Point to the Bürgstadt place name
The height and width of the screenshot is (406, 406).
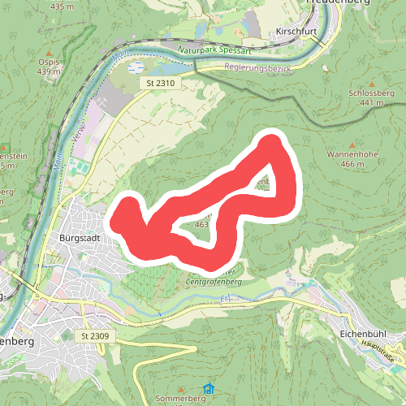(79, 238)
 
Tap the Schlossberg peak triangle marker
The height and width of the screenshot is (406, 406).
(371, 84)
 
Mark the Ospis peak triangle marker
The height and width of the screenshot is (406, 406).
(48, 51)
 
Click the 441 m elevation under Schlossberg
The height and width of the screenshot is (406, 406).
(371, 103)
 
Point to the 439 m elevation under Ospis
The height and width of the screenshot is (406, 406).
(48, 71)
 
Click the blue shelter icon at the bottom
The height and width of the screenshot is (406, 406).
(209, 390)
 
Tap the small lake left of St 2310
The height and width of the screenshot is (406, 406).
(136, 66)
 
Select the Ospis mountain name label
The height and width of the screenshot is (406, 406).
(48, 62)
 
